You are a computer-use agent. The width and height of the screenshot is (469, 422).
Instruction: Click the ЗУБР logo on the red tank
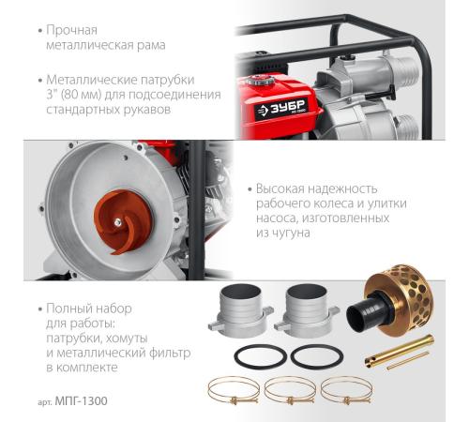point(280,109)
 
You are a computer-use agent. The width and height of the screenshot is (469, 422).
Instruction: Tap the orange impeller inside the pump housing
point(123,221)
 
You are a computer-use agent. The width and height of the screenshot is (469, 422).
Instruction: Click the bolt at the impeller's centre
point(118,222)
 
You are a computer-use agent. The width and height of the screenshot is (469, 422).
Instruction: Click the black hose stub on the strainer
point(369,312)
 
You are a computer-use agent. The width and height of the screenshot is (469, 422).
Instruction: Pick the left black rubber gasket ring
point(261,356)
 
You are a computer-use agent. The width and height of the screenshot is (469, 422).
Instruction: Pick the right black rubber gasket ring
point(317,356)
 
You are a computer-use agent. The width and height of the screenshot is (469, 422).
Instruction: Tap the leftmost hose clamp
point(234,390)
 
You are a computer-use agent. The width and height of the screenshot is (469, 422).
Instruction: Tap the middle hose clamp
point(290,390)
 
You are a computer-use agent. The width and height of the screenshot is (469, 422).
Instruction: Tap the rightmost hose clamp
point(346,390)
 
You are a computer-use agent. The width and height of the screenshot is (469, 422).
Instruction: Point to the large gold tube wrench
point(400,351)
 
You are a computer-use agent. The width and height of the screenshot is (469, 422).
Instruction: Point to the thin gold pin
point(408,360)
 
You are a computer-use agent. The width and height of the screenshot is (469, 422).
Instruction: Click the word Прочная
point(71,30)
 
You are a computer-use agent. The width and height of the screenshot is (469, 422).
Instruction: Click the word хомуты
point(127,339)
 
